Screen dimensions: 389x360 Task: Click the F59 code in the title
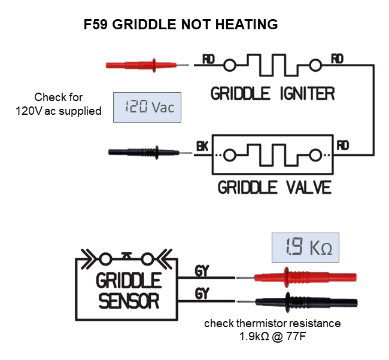click(96, 25)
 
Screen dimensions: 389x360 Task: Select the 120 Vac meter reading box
click(147, 108)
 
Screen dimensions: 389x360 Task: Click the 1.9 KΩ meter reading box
click(305, 248)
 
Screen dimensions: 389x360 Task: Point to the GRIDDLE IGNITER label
click(273, 93)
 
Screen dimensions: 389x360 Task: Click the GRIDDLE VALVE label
click(275, 187)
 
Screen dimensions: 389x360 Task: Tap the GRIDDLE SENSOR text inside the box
click(129, 291)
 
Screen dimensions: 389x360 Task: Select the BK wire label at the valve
click(202, 146)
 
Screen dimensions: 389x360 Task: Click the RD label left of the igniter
click(208, 60)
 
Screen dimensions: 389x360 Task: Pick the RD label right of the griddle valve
click(343, 145)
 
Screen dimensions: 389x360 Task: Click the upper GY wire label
click(202, 271)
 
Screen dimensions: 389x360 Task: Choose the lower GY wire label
click(202, 294)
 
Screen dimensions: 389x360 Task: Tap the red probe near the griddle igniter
click(147, 65)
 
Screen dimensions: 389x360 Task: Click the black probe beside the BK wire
click(150, 152)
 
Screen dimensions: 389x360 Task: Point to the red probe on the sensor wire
click(296, 277)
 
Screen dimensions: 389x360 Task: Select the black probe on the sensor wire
click(297, 302)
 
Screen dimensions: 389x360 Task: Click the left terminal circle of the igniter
click(229, 65)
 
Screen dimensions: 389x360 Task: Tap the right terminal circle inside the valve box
click(315, 155)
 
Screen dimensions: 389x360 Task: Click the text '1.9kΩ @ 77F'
click(272, 337)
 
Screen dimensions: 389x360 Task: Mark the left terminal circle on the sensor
click(105, 260)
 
